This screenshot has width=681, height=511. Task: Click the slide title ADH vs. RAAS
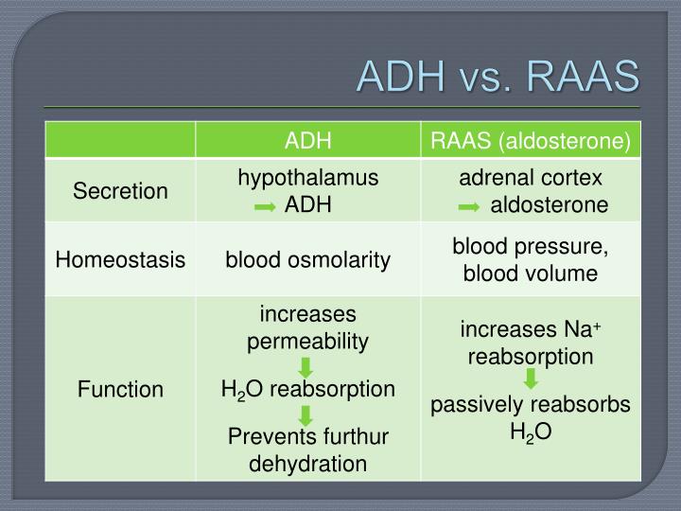tap(498, 77)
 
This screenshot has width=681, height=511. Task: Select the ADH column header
tap(307, 141)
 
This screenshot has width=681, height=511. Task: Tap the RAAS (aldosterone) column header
tap(531, 141)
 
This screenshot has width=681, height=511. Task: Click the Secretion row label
tap(121, 191)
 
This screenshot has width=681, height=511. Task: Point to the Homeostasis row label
tap(120, 259)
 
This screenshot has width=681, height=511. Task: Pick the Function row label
tap(121, 389)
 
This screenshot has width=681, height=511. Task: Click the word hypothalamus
tap(307, 178)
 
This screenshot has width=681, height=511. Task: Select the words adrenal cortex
tap(531, 178)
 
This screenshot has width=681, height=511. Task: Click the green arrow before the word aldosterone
tap(468, 206)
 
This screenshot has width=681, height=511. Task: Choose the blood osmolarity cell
tap(307, 259)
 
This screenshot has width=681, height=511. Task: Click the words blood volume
tap(531, 273)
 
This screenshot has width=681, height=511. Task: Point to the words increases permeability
tap(307, 327)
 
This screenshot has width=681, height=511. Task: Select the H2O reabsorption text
tap(307, 389)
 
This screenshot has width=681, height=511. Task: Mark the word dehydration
tap(307, 464)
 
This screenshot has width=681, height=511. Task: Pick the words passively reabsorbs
tap(531, 405)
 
